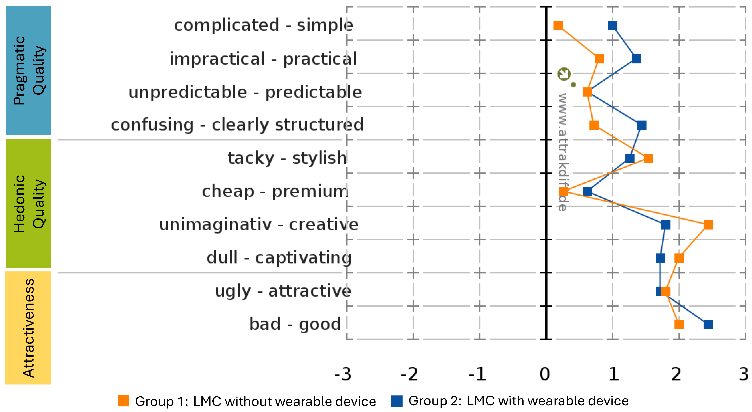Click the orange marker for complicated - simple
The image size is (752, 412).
tap(558, 25)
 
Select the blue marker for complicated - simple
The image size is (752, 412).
tap(612, 25)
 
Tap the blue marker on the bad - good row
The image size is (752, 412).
tap(708, 324)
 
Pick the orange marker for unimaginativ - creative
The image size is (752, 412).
tap(708, 225)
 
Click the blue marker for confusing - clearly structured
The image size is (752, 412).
tap(641, 125)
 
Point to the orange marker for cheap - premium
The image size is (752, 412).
tap(563, 192)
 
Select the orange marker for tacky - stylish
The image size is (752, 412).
tap(648, 159)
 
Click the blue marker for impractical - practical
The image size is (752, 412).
tap(636, 59)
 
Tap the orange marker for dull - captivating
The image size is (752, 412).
tap(679, 258)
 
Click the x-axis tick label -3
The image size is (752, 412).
tap(343, 374)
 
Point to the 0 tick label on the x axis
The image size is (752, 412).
tap(545, 374)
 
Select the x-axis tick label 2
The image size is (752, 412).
tap(676, 374)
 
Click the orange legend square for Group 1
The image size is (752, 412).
tap(123, 401)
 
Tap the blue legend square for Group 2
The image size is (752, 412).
tap(397, 401)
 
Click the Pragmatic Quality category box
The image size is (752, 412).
tap(28, 70)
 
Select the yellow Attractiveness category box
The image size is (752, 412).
tap(28, 328)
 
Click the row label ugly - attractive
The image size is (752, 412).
tap(283, 291)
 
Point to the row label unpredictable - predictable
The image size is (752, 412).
tap(245, 92)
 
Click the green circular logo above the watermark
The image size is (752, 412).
tap(564, 74)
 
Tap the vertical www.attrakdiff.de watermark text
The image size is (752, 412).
tap(562, 152)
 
